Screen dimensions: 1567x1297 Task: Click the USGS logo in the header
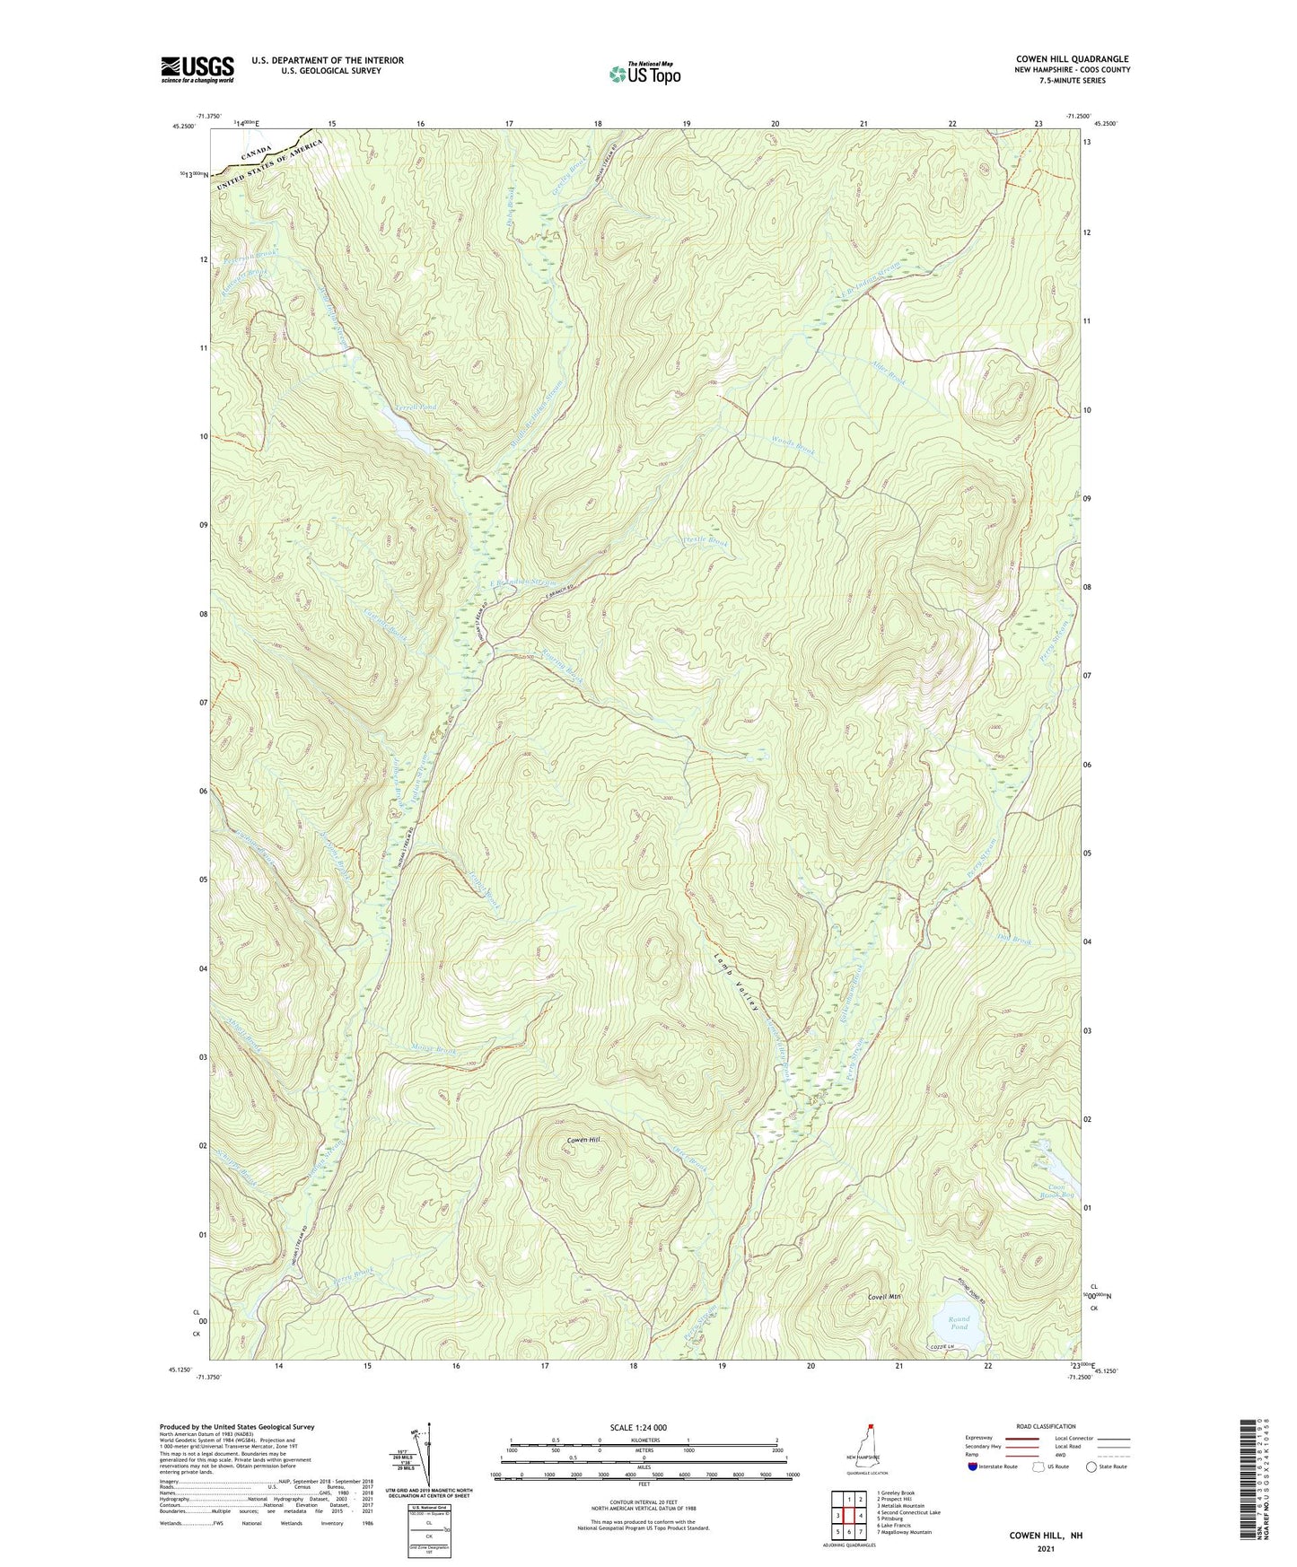tap(197, 69)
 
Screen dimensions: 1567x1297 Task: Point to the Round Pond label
tap(959, 1322)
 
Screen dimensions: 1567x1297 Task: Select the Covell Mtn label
tap(883, 1297)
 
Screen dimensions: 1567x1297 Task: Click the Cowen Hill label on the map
tap(583, 1140)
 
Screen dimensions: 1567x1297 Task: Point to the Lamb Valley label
tap(736, 982)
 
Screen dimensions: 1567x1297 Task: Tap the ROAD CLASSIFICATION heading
tap(1046, 1426)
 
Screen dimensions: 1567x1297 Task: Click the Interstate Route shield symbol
tap(973, 1466)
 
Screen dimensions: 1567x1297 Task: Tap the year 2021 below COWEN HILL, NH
tap(1045, 1549)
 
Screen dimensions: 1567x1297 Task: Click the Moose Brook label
tap(434, 1050)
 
